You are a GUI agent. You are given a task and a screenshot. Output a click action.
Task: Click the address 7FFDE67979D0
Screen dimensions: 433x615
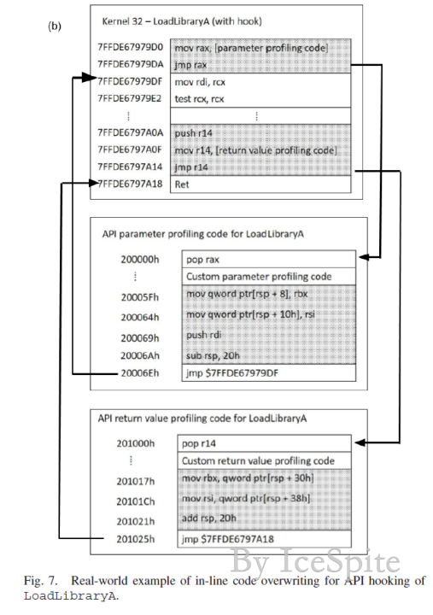pyautogui.click(x=130, y=48)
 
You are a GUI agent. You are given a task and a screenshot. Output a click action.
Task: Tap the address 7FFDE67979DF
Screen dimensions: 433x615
pyautogui.click(x=130, y=82)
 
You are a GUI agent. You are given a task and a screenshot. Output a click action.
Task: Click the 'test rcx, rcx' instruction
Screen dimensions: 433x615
pyautogui.click(x=199, y=99)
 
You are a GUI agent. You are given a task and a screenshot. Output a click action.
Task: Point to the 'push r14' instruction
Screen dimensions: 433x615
pyautogui.click(x=193, y=133)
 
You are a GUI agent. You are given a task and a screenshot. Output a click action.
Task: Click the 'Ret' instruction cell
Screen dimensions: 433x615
pyautogui.click(x=260, y=184)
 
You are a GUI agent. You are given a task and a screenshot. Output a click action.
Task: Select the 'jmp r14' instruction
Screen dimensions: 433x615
pyautogui.click(x=191, y=167)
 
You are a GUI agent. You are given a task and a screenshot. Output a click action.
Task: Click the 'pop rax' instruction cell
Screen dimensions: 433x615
pyautogui.click(x=269, y=260)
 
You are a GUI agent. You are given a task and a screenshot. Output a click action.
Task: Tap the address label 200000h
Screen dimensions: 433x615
pyautogui.click(x=140, y=260)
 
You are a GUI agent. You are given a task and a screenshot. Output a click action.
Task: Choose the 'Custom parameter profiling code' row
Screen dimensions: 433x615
pyautogui.click(x=269, y=277)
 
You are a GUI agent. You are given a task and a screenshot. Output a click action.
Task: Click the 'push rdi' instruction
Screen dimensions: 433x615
pyautogui.click(x=203, y=335)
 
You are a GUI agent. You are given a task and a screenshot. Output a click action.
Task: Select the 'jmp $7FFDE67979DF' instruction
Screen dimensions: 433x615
pyautogui.click(x=232, y=373)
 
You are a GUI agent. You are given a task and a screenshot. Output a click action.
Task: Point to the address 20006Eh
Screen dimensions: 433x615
pyautogui.click(x=140, y=373)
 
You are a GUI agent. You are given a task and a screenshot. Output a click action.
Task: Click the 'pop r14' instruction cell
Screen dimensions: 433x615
pyautogui.click(x=265, y=443)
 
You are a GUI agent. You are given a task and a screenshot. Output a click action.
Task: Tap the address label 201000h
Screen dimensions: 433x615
pyautogui.click(x=136, y=443)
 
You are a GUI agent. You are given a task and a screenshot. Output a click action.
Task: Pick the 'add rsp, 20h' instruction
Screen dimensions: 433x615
pyautogui.click(x=209, y=518)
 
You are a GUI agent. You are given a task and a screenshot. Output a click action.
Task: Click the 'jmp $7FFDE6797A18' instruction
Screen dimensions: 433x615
pyautogui.click(x=228, y=539)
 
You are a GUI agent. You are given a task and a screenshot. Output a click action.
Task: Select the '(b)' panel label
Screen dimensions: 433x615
pyautogui.click(x=55, y=26)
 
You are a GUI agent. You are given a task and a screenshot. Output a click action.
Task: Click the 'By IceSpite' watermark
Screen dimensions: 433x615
pyautogui.click(x=315, y=562)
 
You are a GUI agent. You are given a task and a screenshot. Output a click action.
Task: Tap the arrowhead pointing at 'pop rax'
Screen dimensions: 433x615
pyautogui.click(x=364, y=257)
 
